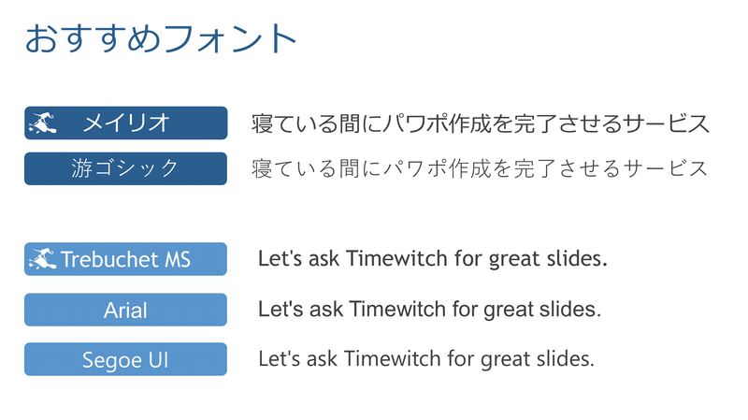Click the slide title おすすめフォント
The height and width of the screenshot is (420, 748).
[x=161, y=38]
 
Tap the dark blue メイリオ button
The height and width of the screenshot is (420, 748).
[x=126, y=123]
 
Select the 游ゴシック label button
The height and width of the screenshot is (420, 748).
[x=126, y=168]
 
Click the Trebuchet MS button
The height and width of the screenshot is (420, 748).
[x=126, y=259]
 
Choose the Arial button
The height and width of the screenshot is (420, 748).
[x=126, y=310]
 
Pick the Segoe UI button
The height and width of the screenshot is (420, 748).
[x=126, y=359]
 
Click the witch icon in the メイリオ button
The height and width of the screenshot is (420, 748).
[x=43, y=123]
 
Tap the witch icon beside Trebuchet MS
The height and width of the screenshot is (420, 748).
[x=43, y=259]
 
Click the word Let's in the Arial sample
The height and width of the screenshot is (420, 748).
[x=280, y=309]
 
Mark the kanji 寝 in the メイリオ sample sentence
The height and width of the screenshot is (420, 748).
[x=262, y=123]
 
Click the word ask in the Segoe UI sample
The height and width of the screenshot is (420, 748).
[x=322, y=358]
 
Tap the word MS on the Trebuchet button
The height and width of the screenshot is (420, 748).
[x=178, y=259]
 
